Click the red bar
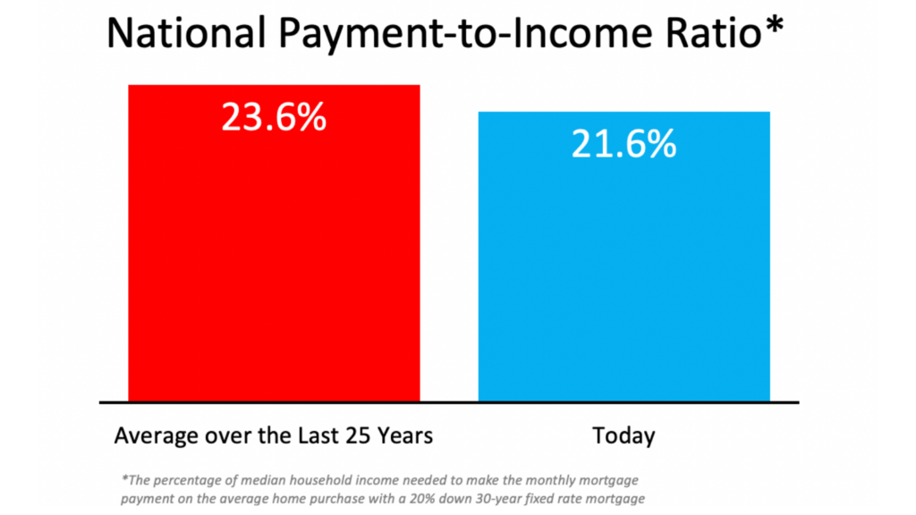tap(274, 243)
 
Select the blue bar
tap(623, 257)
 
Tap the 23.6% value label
tap(274, 117)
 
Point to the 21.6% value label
tap(623, 144)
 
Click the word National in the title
tap(186, 32)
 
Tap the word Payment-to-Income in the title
tap(465, 34)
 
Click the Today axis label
tap(623, 436)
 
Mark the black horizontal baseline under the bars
tap(449, 402)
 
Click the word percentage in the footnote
tap(188, 481)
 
